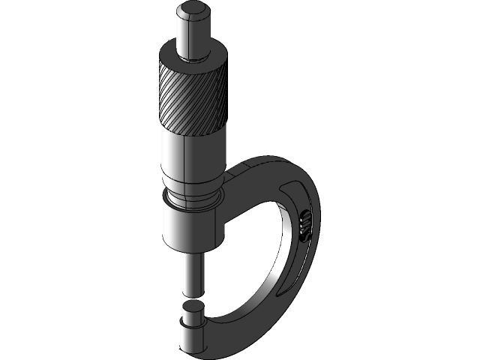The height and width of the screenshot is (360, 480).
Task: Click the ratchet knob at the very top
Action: coord(193,34)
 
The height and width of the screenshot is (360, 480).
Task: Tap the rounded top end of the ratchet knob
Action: coord(193,11)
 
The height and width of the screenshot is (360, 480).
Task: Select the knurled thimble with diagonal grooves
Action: coord(192,97)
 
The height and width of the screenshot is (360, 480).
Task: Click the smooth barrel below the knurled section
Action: coord(192,157)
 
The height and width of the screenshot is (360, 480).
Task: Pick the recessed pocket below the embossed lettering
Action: coord(298,259)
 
